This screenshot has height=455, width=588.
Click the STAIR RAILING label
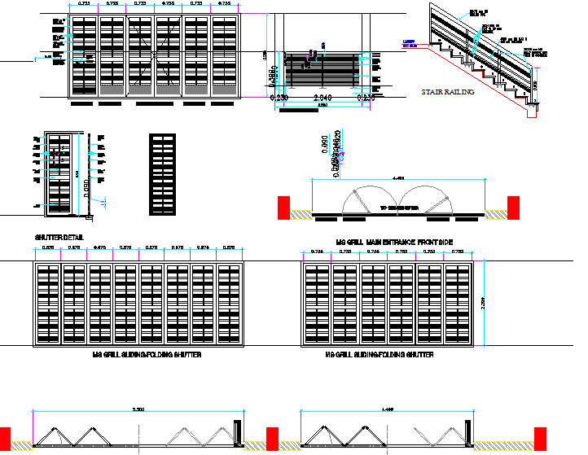tap(447, 92)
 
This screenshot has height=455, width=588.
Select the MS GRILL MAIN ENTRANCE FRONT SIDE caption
tap(394, 243)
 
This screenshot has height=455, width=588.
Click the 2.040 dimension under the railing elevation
tap(323, 97)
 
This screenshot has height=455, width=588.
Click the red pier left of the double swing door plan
tap(285, 207)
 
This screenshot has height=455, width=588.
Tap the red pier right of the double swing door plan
tap(514, 207)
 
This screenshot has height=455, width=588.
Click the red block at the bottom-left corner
tap(5, 437)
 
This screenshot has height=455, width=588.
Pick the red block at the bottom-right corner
tap(540, 437)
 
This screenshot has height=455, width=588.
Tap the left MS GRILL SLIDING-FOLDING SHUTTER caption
tap(147, 356)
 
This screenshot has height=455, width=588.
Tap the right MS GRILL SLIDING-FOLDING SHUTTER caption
tap(380, 356)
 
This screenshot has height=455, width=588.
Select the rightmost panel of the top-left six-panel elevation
tap(223, 56)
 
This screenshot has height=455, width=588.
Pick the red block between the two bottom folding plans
tap(273, 437)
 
